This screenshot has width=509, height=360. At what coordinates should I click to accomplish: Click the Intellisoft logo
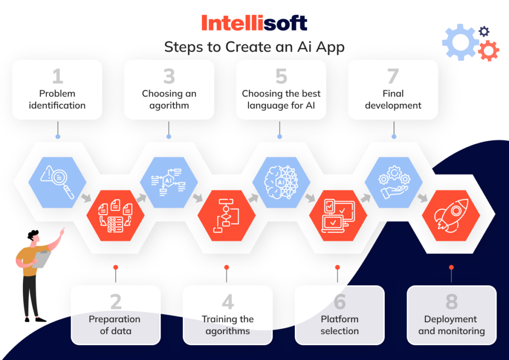254,23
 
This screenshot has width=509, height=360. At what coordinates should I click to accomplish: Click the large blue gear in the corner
460,42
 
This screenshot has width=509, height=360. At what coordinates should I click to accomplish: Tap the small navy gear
484,31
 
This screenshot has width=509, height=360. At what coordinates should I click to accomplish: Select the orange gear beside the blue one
489,51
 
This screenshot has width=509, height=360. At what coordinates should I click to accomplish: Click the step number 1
58,76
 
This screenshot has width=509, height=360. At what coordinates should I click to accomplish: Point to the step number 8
451,301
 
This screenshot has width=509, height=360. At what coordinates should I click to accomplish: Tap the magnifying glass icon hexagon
57,182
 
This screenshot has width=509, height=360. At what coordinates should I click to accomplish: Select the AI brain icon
281,182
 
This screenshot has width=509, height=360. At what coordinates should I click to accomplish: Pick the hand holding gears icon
394,182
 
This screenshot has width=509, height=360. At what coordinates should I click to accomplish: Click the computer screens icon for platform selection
338,215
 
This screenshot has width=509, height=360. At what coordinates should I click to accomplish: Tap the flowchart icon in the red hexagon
226,215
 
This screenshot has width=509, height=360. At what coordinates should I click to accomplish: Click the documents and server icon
115,216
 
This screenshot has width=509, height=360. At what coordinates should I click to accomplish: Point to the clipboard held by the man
42,260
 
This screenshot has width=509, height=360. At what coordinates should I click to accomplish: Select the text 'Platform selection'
339,325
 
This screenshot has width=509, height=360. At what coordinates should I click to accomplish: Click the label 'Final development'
393,99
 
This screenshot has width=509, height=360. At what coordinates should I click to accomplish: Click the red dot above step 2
115,268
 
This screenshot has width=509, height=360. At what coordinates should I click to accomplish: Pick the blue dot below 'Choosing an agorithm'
169,137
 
